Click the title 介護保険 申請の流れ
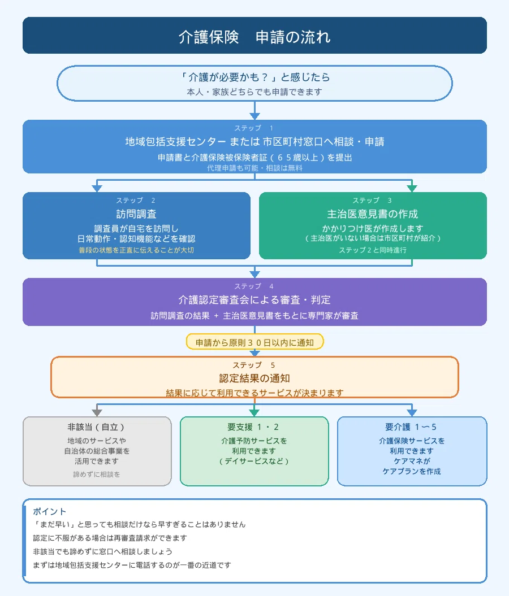pos(255,37)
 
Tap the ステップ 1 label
pos(254,128)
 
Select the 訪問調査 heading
pos(136,214)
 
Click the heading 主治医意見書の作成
pos(373,214)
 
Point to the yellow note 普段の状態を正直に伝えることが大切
pos(136,250)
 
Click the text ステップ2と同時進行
pos(373,250)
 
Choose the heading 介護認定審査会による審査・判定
pos(255,300)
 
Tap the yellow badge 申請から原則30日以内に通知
pos(255,342)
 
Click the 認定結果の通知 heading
pos(255,378)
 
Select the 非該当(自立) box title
pos(96,427)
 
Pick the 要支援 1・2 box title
pos(254,427)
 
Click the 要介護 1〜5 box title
pos(411,427)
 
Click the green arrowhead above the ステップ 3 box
pos(412,188)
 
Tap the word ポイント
pos(49,511)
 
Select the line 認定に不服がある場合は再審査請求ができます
pos(110,538)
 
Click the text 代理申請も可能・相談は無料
pos(255,168)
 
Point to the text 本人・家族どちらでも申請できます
pos(255,92)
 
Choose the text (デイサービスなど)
pos(254,461)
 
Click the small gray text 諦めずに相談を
pos(96,475)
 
